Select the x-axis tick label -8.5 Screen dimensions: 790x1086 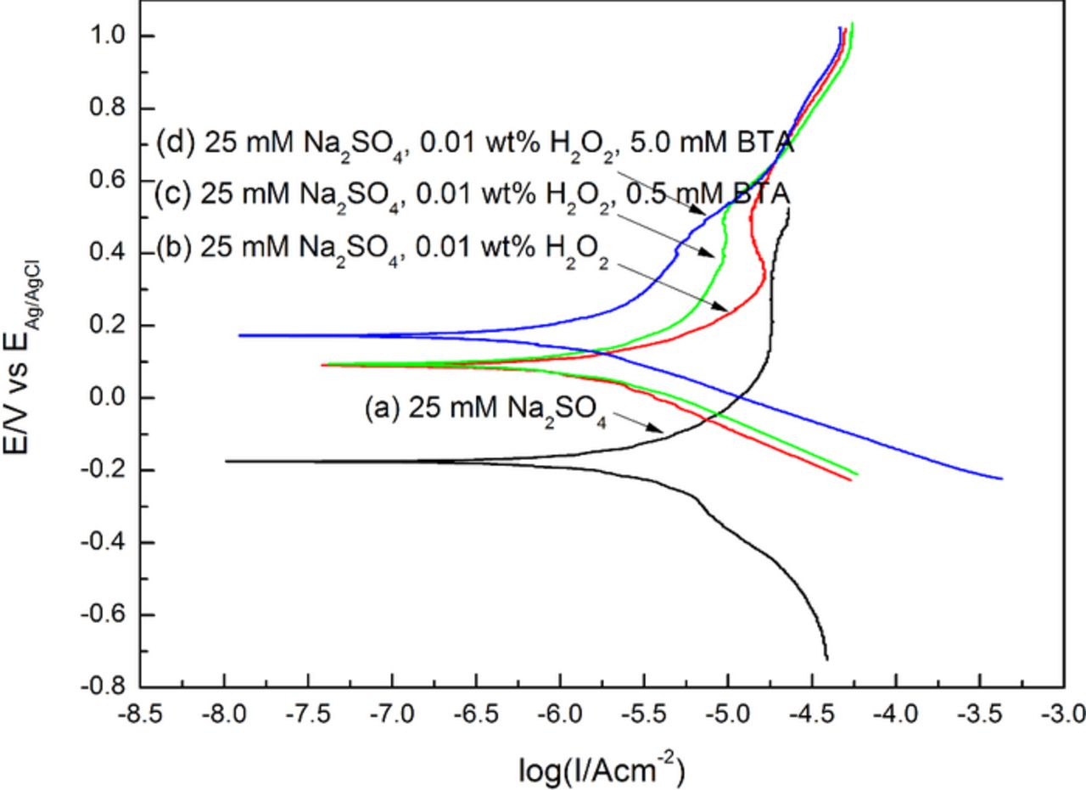[x=141, y=714]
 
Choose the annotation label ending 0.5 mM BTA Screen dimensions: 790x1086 [x=472, y=193]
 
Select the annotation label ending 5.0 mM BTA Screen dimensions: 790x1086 [x=476, y=143]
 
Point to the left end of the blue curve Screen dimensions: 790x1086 [x=240, y=335]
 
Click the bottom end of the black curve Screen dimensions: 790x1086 [x=826, y=658]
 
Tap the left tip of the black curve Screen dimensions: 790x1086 [x=226, y=461]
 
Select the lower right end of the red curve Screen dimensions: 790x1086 [x=850, y=480]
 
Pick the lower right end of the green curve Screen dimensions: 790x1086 [x=858, y=473]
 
